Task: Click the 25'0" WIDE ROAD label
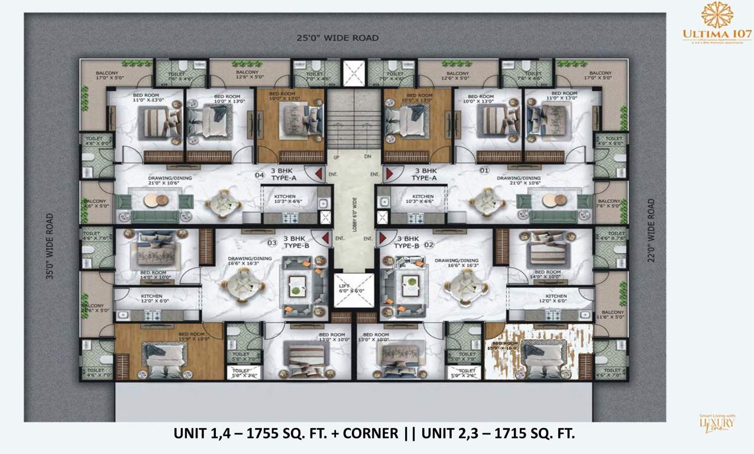(338, 38)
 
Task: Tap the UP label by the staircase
(336, 158)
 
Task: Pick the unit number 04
(259, 174)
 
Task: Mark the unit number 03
(273, 242)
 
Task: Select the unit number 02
(429, 244)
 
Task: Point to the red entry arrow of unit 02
(382, 238)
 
